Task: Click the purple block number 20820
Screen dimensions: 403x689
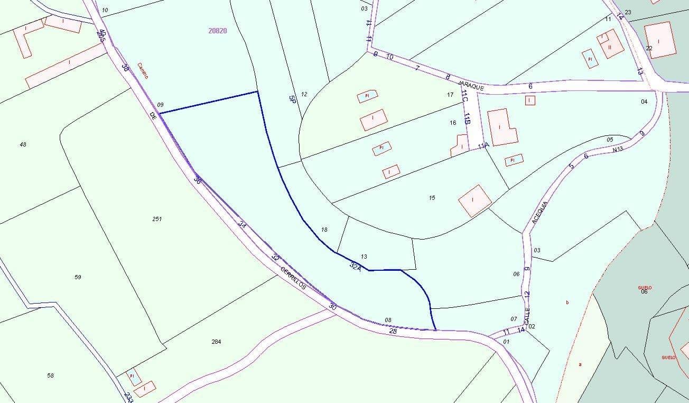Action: [218, 31]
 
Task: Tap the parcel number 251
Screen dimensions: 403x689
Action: [157, 219]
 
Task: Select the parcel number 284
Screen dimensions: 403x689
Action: [216, 342]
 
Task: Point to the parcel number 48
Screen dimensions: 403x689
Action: [23, 144]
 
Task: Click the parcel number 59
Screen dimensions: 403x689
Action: [78, 277]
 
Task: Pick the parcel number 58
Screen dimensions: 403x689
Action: [50, 375]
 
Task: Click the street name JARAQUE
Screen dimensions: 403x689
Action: [471, 86]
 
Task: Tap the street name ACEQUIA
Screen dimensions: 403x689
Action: [540, 212]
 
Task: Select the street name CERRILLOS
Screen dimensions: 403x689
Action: [293, 277]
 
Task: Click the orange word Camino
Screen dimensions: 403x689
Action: [143, 71]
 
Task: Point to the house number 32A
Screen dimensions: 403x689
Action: [356, 267]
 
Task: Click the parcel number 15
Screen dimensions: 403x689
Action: [432, 198]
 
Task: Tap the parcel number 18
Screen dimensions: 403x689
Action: [324, 230]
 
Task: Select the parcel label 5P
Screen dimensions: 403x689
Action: [292, 99]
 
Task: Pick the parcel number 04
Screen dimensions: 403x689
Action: [644, 102]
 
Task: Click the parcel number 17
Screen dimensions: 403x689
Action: [450, 95]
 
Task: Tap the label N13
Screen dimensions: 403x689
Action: [618, 150]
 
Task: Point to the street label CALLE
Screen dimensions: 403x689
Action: [527, 316]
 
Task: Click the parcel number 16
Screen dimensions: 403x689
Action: [453, 123]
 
